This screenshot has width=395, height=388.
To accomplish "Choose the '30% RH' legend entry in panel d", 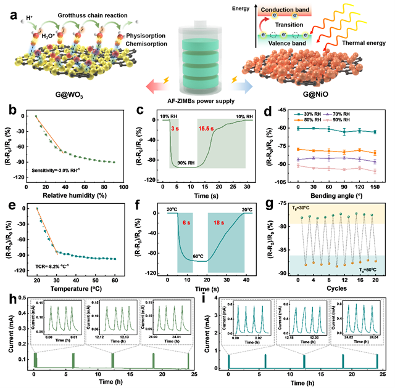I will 320,113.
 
